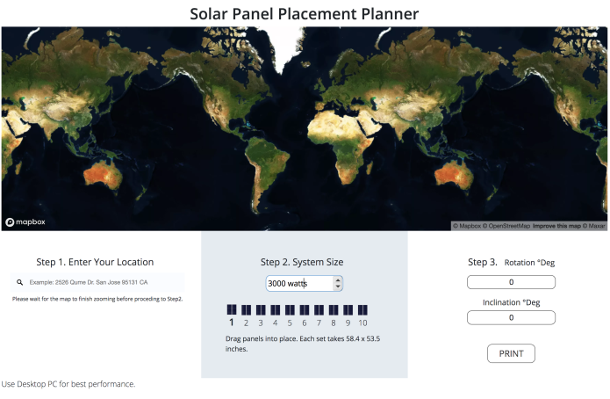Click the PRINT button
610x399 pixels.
click(511, 353)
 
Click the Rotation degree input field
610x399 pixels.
click(511, 282)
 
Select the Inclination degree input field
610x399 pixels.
click(511, 317)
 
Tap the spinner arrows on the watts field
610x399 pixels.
click(338, 283)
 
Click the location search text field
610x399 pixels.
click(97, 282)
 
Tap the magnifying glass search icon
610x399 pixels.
click(20, 282)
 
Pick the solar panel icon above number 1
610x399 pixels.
click(232, 309)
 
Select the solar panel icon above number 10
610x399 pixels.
click(362, 309)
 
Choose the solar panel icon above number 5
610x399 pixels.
click(290, 309)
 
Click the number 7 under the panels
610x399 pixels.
click(319, 323)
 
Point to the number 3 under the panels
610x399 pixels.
click(261, 323)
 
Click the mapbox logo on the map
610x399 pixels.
click(25, 222)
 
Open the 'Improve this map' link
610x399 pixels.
click(556, 226)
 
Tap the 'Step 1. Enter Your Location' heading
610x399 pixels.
click(95, 262)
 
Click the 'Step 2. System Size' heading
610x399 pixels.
click(302, 262)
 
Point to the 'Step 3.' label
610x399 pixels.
click(483, 262)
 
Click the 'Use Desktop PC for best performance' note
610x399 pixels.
click(68, 384)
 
